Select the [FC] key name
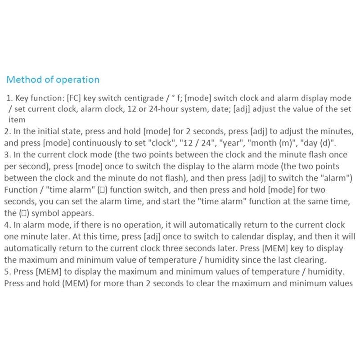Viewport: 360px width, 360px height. pyautogui.click(x=75, y=98)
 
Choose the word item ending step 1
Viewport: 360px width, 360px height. pyautogui.click(x=17, y=120)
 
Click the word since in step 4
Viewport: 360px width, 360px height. pyautogui.click(x=240, y=260)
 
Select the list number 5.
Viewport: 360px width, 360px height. pyautogui.click(x=6, y=271)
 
